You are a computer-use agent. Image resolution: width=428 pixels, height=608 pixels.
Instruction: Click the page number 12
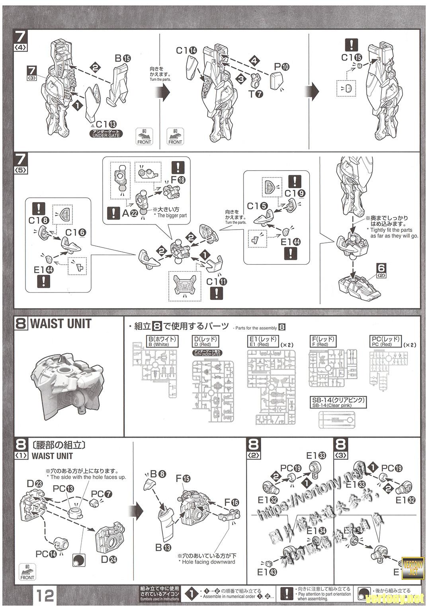pyautogui.click(x=45, y=596)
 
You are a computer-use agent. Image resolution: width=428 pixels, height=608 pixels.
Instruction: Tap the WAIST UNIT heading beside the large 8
pyautogui.click(x=61, y=324)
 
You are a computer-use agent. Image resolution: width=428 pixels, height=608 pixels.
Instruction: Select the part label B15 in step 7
pyautogui.click(x=123, y=58)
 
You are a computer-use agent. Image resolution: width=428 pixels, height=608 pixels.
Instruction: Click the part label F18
pyautogui.click(x=177, y=180)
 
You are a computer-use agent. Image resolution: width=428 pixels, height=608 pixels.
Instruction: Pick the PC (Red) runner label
pyautogui.click(x=385, y=341)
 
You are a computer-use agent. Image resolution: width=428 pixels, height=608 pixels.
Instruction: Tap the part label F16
pyautogui.click(x=231, y=503)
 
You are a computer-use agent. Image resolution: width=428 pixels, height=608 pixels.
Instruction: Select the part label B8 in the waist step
pyautogui.click(x=158, y=474)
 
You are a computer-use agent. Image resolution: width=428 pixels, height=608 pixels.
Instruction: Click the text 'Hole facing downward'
pyautogui.click(x=208, y=562)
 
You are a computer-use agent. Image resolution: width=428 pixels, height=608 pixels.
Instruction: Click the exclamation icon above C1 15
pyautogui.click(x=351, y=45)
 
